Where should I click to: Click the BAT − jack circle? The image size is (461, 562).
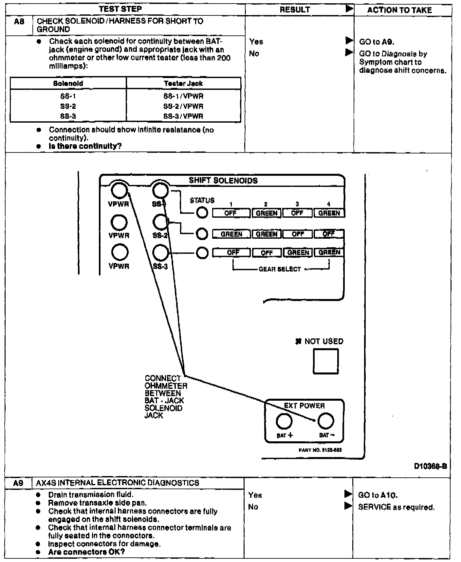(326, 421)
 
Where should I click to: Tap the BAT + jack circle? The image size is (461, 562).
(284, 421)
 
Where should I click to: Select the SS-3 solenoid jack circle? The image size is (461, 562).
(160, 253)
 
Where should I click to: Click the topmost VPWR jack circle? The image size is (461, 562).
(119, 190)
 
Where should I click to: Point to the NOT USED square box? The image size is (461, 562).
(326, 361)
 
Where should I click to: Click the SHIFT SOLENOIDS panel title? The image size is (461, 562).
(223, 181)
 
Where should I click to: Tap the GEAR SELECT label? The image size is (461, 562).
(280, 269)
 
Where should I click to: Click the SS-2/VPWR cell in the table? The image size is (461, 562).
(183, 106)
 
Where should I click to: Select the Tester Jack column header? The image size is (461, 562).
(183, 83)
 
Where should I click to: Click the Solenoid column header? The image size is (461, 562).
(68, 83)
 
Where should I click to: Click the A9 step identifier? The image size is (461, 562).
(18, 483)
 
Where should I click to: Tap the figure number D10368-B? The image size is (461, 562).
(430, 466)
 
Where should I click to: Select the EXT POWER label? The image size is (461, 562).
(304, 406)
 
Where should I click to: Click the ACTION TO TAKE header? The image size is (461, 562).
(399, 10)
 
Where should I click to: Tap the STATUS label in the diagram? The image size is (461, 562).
(202, 200)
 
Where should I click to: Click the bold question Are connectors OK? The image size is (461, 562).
(86, 552)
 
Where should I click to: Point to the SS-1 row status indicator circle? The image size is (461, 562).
(202, 213)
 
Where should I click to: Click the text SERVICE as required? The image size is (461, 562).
(396, 507)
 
